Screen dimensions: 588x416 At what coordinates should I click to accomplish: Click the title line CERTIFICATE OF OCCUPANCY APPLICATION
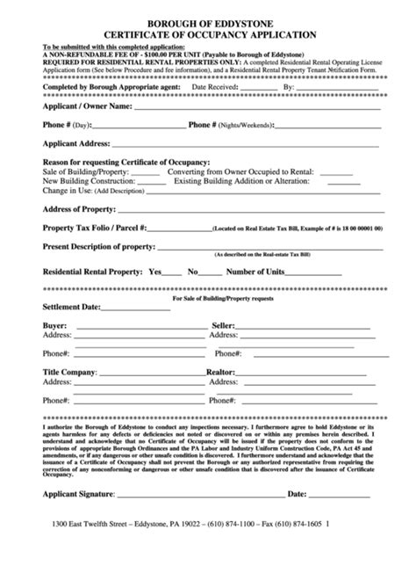pyautogui.click(x=208, y=36)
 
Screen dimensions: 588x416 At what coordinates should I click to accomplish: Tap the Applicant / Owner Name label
pyautogui.click(x=88, y=106)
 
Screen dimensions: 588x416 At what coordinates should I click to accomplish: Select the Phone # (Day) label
pyautogui.click(x=67, y=125)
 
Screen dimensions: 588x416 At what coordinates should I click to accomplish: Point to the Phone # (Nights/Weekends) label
pyautogui.click(x=234, y=125)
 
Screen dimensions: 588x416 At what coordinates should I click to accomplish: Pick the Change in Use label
pyautogui.click(x=68, y=190)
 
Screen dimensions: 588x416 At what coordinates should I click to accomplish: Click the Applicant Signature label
pyautogui.click(x=83, y=519)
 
